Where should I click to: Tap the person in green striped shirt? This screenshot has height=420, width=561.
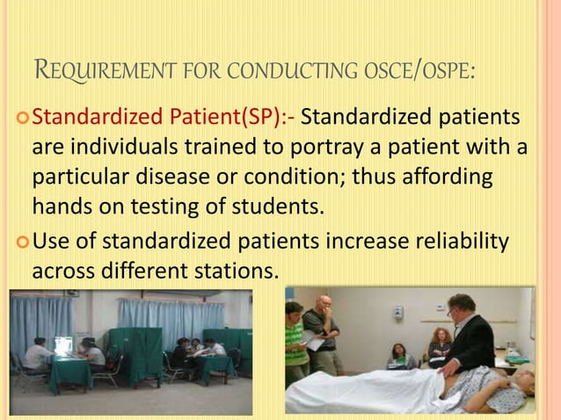click(296, 337)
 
